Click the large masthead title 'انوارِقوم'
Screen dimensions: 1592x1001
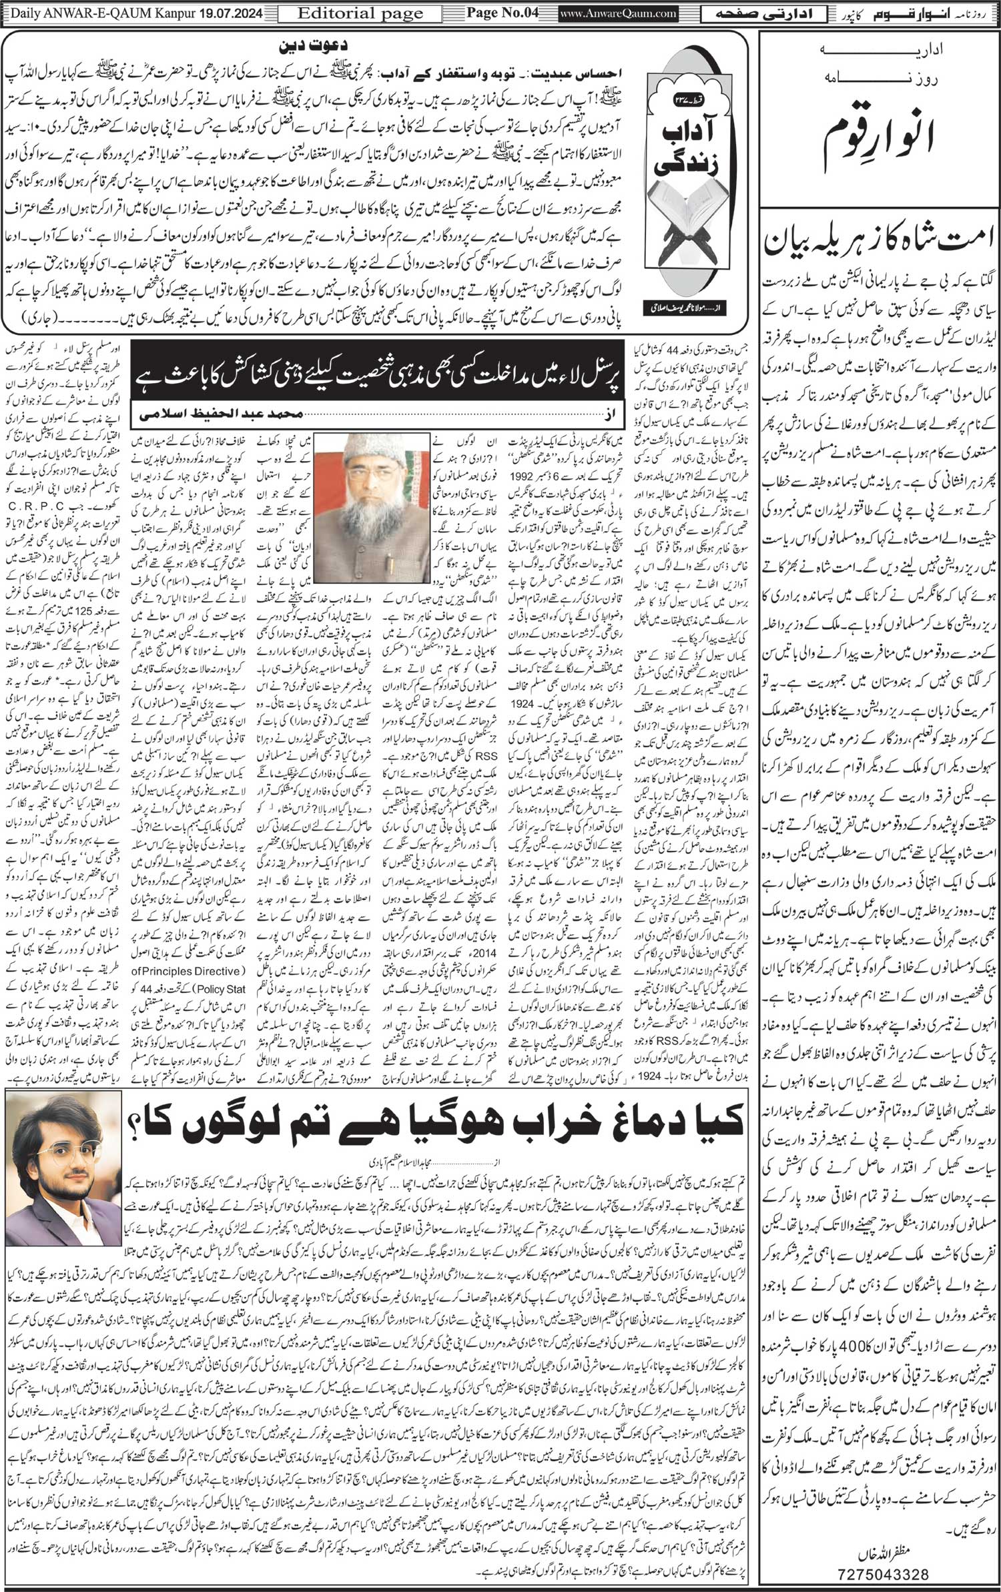pos(880,130)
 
